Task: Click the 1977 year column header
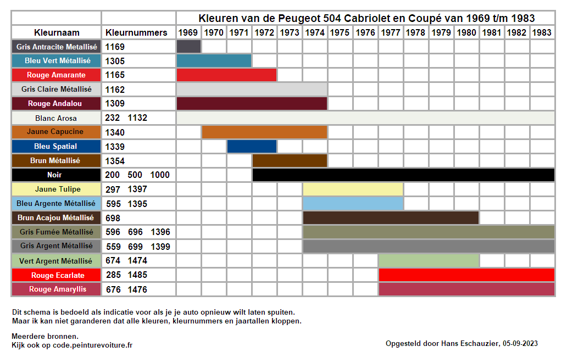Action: [391, 32]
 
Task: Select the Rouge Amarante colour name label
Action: [57, 75]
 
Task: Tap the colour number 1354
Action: [115, 161]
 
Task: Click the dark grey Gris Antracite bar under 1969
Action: [188, 46]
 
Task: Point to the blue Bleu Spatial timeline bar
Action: [252, 146]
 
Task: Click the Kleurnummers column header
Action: [136, 32]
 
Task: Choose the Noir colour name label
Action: [57, 175]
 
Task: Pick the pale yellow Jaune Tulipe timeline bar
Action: [353, 189]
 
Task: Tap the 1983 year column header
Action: [542, 32]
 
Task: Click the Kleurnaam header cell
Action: [57, 32]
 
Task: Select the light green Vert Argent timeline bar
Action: [429, 260]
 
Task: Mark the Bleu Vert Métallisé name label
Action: [57, 60]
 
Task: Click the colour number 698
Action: [113, 218]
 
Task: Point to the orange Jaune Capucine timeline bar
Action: [264, 132]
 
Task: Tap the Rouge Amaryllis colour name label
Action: [57, 289]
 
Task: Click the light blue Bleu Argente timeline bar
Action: [353, 204]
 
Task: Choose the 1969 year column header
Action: [188, 32]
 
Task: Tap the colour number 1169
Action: [115, 47]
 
